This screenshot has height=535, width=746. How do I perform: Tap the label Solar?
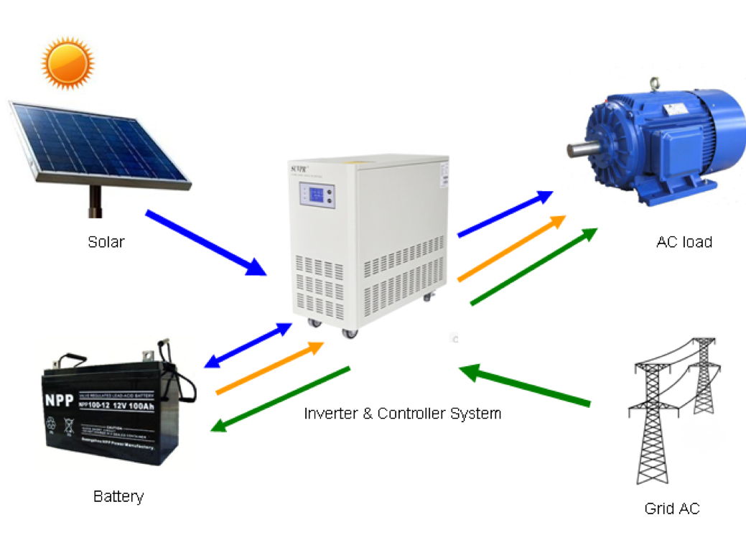[x=106, y=242]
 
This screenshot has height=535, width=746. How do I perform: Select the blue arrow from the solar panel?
[x=205, y=243]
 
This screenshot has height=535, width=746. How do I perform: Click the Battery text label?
[x=118, y=496]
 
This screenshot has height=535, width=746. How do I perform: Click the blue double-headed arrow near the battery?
[x=248, y=345]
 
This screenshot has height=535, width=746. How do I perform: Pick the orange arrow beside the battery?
[x=270, y=368]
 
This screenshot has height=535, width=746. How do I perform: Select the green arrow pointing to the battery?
[x=280, y=399]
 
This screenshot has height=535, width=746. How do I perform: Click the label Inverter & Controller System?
[x=402, y=414]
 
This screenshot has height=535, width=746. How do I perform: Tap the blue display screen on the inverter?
[x=317, y=196]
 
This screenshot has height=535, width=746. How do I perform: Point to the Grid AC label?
[x=671, y=509]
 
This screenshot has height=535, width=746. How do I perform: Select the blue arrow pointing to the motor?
[x=505, y=213]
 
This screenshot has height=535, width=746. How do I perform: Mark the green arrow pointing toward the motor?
[x=533, y=266]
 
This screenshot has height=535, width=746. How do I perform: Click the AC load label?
[x=684, y=242]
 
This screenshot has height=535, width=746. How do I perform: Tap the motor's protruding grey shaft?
[x=582, y=149]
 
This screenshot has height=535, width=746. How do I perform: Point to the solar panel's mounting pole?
[x=93, y=200]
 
